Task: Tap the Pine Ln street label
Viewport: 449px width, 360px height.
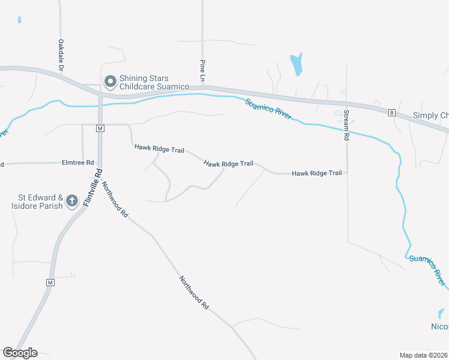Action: [203, 71]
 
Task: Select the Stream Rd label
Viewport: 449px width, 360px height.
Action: [346, 125]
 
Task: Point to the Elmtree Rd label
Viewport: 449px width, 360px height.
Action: [78, 163]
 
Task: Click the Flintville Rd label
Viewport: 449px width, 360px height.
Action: [94, 187]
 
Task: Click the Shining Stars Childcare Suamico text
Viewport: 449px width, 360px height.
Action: [154, 83]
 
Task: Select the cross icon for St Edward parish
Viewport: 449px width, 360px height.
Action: [72, 201]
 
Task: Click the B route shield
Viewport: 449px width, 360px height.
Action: [391, 112]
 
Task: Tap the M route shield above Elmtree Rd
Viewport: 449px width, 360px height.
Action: [100, 128]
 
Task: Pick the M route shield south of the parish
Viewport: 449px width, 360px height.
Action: [50, 282]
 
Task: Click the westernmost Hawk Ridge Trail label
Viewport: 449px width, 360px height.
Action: [159, 148]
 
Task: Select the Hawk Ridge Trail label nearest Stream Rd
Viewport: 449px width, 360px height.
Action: [316, 173]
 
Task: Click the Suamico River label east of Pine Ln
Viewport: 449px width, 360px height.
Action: [268, 109]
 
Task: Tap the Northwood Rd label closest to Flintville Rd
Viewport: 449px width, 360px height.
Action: [115, 199]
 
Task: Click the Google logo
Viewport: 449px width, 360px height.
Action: [20, 353]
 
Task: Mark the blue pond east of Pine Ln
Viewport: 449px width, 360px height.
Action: [296, 64]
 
